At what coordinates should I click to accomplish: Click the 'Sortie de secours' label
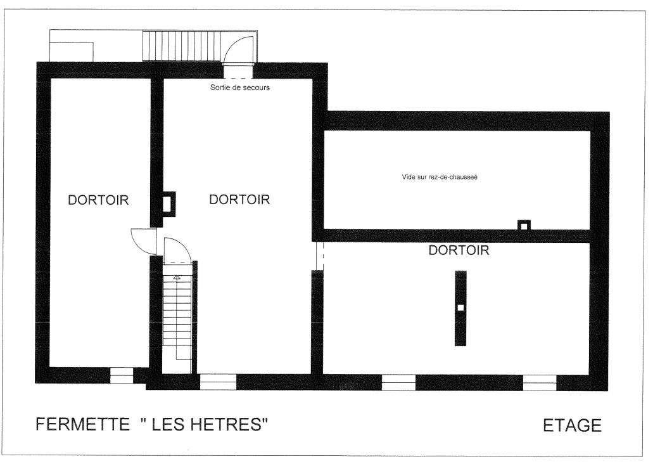[239, 87]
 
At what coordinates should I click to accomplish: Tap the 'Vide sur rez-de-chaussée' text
[440, 177]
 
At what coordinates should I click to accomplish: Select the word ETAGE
[572, 425]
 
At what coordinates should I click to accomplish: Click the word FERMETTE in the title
[82, 424]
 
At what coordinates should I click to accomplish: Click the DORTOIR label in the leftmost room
[98, 200]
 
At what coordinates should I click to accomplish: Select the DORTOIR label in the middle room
[239, 199]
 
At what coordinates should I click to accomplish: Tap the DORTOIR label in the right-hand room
[459, 250]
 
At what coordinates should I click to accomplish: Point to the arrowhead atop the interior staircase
[177, 278]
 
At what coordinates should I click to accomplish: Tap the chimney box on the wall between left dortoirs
[167, 204]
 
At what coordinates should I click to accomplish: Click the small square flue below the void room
[524, 226]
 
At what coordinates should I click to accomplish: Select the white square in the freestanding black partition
[460, 307]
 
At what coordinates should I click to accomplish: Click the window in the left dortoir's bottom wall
[122, 375]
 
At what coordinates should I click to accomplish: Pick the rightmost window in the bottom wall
[540, 382]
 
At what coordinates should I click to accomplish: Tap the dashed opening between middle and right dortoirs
[319, 256]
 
